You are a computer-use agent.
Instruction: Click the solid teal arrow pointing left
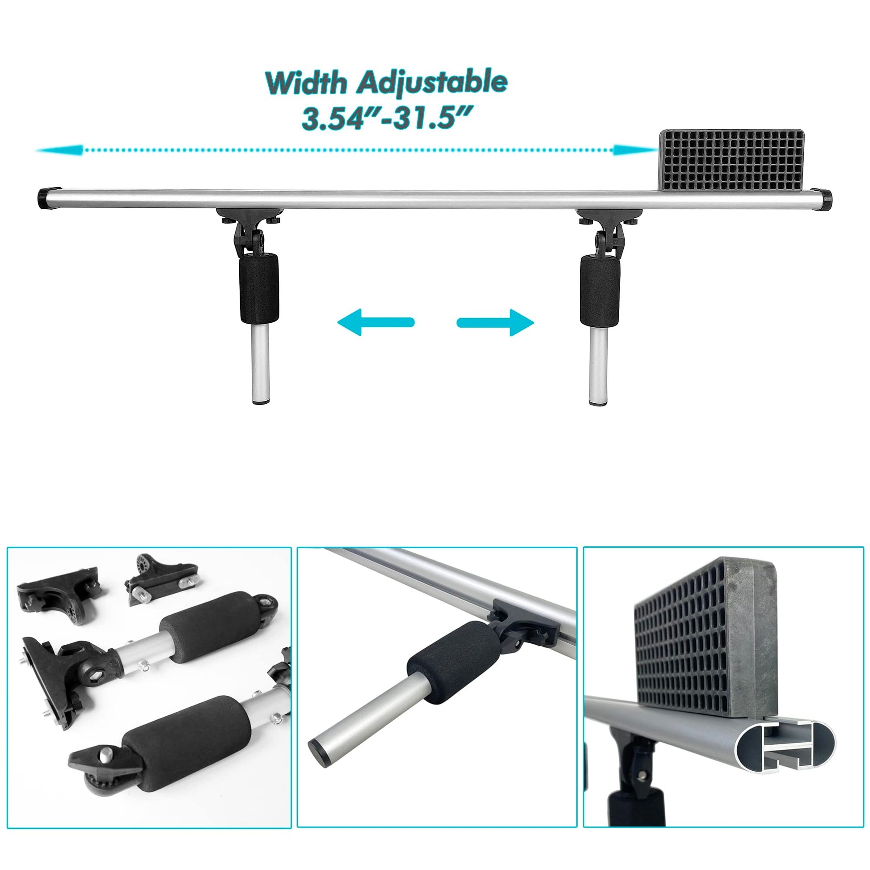point(376,322)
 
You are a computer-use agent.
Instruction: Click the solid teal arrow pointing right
point(495,322)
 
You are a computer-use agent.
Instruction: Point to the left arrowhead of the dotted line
point(59,150)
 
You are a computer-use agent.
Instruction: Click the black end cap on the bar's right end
point(825,198)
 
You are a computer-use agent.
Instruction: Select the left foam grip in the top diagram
point(258,288)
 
